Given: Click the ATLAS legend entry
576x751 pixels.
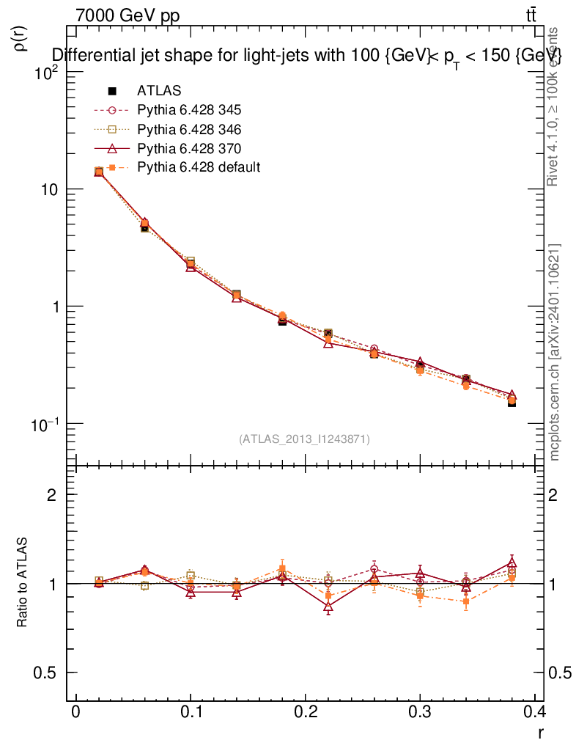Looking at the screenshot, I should pyautogui.click(x=159, y=91).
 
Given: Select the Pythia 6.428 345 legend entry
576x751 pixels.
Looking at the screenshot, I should pyautogui.click(x=189, y=111).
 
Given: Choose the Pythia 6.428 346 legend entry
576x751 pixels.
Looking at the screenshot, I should pyautogui.click(x=189, y=130).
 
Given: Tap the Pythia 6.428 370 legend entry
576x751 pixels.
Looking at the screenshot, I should pyautogui.click(x=189, y=149).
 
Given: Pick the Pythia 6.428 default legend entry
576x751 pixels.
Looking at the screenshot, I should pyautogui.click(x=199, y=168).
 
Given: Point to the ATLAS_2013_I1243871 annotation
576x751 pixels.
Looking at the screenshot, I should pyautogui.click(x=304, y=439).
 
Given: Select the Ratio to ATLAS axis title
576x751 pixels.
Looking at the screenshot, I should pyautogui.click(x=23, y=584).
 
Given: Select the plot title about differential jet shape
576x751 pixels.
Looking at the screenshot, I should pyautogui.click(x=306, y=56).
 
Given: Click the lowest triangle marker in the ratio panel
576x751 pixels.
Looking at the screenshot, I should pyautogui.click(x=328, y=607).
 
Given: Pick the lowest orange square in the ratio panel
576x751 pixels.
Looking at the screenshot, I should pyautogui.click(x=466, y=601).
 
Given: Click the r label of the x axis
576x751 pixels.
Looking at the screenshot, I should pyautogui.click(x=540, y=731).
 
